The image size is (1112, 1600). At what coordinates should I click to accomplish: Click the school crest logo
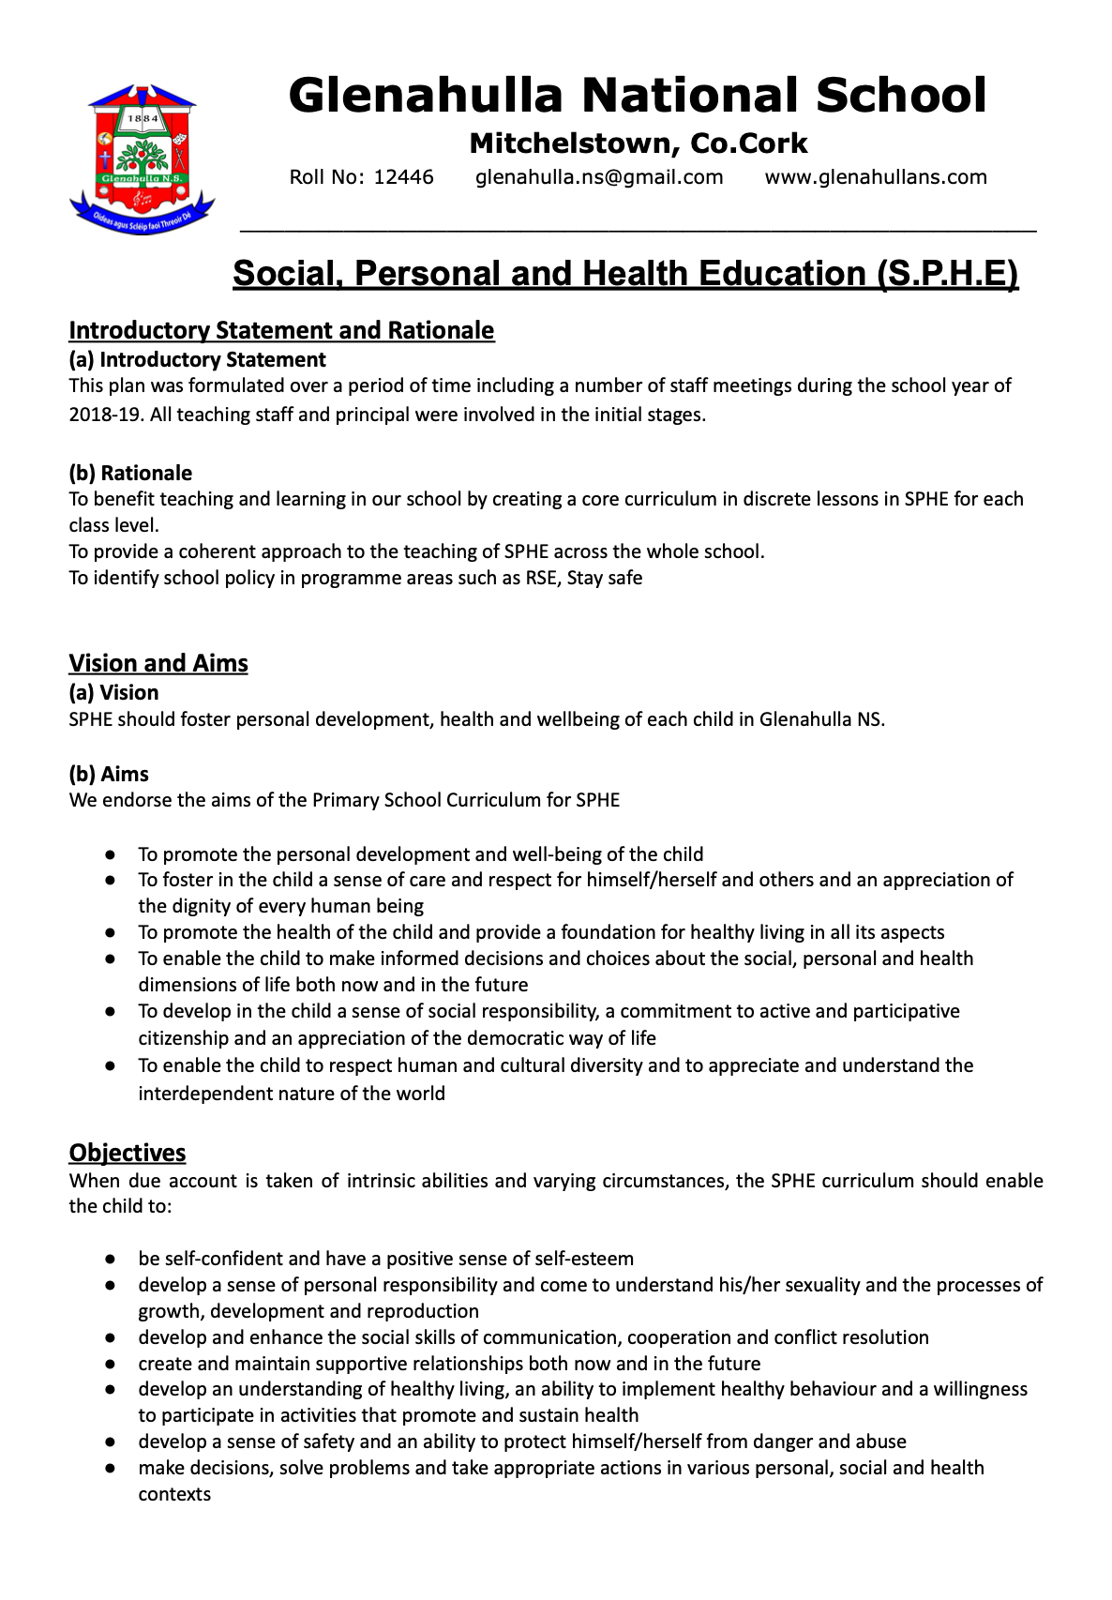(x=143, y=158)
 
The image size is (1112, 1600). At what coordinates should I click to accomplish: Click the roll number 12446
(x=403, y=177)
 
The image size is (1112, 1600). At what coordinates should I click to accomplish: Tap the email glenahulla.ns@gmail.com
(x=599, y=177)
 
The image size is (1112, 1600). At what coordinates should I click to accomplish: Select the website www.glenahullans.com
(x=876, y=177)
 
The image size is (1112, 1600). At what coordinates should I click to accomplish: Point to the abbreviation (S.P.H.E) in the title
(x=947, y=274)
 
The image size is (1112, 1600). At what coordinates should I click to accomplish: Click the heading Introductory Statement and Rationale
(x=281, y=330)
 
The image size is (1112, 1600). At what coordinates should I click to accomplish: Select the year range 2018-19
(x=104, y=415)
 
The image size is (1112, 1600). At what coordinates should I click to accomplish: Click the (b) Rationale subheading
(x=130, y=473)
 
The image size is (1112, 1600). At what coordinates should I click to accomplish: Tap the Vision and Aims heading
(x=158, y=663)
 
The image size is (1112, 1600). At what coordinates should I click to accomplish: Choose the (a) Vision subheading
(x=113, y=692)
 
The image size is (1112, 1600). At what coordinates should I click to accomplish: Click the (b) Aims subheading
(x=109, y=774)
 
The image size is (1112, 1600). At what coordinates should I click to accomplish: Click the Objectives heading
(x=128, y=1153)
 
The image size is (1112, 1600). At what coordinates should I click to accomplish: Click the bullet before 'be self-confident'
(x=111, y=1259)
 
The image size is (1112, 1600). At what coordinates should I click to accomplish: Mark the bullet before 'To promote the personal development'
(x=111, y=854)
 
